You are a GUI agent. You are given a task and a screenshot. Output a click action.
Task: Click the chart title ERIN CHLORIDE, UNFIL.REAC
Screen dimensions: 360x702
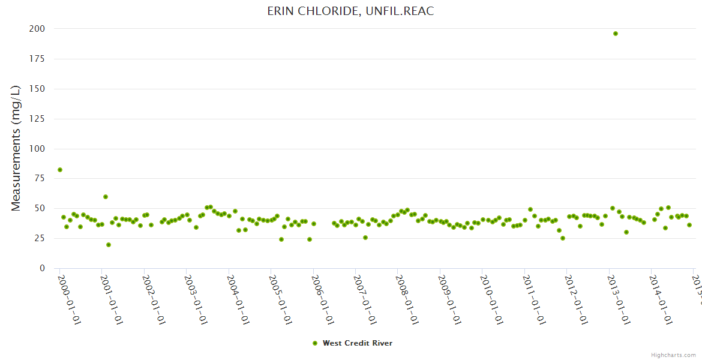point(350,11)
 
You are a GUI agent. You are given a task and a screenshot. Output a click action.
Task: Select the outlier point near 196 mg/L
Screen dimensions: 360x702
point(616,34)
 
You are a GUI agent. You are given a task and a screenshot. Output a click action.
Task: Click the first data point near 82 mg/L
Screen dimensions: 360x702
point(60,170)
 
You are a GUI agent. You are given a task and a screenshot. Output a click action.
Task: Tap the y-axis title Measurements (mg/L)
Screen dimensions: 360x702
point(16,148)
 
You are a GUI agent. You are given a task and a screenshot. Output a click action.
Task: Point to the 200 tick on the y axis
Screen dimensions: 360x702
point(37,29)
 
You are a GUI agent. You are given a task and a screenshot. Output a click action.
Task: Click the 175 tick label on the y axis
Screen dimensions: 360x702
point(37,59)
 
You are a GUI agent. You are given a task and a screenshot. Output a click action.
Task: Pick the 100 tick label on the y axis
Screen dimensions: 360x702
point(37,149)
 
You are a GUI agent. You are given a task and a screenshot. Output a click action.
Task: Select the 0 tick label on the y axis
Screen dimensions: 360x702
point(42,268)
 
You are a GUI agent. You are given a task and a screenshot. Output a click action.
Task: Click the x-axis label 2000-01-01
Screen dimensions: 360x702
point(69,299)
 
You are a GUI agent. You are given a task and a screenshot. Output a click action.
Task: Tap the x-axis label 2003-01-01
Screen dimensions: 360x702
point(196,299)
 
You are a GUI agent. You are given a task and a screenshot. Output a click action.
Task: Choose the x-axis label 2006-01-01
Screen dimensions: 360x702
point(323,299)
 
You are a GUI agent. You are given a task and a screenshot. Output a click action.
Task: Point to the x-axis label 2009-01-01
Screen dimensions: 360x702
point(449,299)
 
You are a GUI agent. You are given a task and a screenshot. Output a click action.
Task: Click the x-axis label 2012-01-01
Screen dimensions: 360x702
point(576,299)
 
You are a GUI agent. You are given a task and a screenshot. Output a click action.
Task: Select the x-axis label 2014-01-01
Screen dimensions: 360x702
point(661,299)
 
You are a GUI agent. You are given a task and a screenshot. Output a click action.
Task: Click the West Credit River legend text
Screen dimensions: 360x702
point(358,343)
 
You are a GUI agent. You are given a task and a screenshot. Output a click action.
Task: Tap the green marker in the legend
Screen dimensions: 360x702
point(315,343)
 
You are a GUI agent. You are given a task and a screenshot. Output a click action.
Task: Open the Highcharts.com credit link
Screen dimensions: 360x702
point(673,355)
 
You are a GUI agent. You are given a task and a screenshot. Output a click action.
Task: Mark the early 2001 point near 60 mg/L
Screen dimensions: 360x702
point(106,197)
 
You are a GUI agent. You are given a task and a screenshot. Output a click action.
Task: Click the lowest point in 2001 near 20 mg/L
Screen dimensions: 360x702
point(109,245)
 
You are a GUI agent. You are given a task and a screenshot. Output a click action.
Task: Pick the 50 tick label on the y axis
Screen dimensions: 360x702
point(39,209)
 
